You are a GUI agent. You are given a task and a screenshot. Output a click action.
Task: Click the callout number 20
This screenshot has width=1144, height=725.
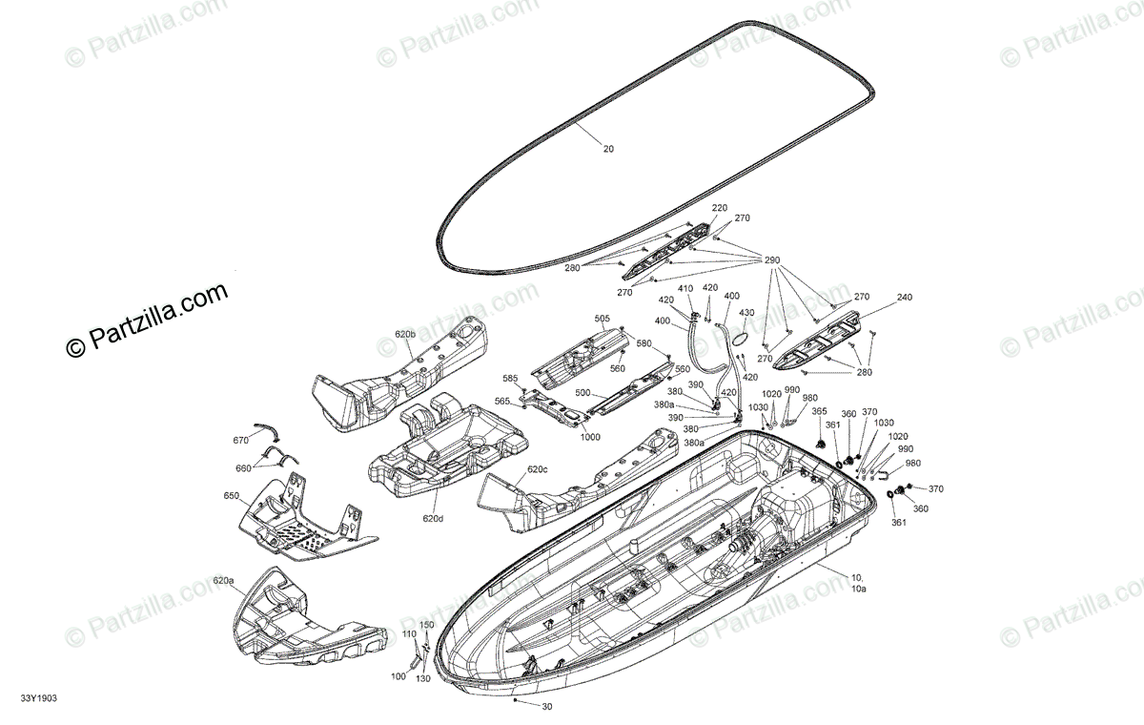point(609,149)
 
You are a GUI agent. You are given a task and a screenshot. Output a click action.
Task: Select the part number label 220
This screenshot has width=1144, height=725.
point(719,208)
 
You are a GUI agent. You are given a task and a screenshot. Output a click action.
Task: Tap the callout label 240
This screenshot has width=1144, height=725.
point(905,297)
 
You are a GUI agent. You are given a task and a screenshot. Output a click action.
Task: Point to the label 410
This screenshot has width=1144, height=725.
point(684,288)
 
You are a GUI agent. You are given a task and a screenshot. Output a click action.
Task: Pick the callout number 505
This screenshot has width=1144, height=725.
point(602,319)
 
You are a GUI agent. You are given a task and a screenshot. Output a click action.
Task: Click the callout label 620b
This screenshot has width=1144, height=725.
point(405,335)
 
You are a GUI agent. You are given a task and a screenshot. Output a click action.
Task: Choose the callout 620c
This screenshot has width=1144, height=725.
point(538,469)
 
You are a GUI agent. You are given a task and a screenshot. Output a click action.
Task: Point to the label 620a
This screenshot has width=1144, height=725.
point(223,580)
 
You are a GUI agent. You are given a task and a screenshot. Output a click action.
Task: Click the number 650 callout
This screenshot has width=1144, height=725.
point(232,496)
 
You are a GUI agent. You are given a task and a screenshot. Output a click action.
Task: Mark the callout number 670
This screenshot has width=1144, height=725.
point(240,440)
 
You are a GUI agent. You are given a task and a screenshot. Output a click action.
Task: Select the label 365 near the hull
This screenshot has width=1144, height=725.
point(819,411)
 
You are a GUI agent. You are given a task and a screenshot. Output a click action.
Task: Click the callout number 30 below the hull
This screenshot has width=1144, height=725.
point(546,707)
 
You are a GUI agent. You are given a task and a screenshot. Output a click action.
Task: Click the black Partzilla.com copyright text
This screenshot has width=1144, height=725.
point(148,320)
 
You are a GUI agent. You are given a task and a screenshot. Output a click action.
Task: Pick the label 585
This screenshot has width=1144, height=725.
point(510,378)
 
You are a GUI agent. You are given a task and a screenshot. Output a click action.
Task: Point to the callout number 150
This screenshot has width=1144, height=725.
point(427,625)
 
